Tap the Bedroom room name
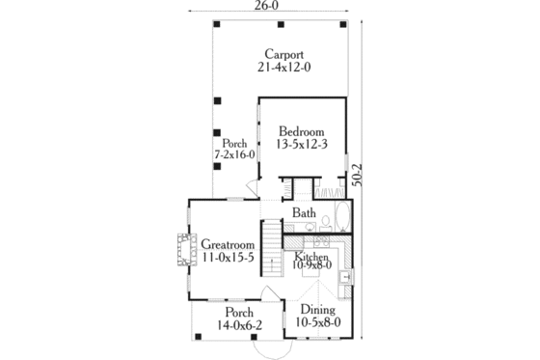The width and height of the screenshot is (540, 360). (302, 131)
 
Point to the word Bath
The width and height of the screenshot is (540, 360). (304, 213)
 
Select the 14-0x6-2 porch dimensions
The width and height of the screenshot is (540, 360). (240, 326)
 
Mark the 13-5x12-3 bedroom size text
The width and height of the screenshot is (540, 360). (302, 145)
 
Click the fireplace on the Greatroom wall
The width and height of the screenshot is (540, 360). (182, 249)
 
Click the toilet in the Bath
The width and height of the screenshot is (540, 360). (324, 222)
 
